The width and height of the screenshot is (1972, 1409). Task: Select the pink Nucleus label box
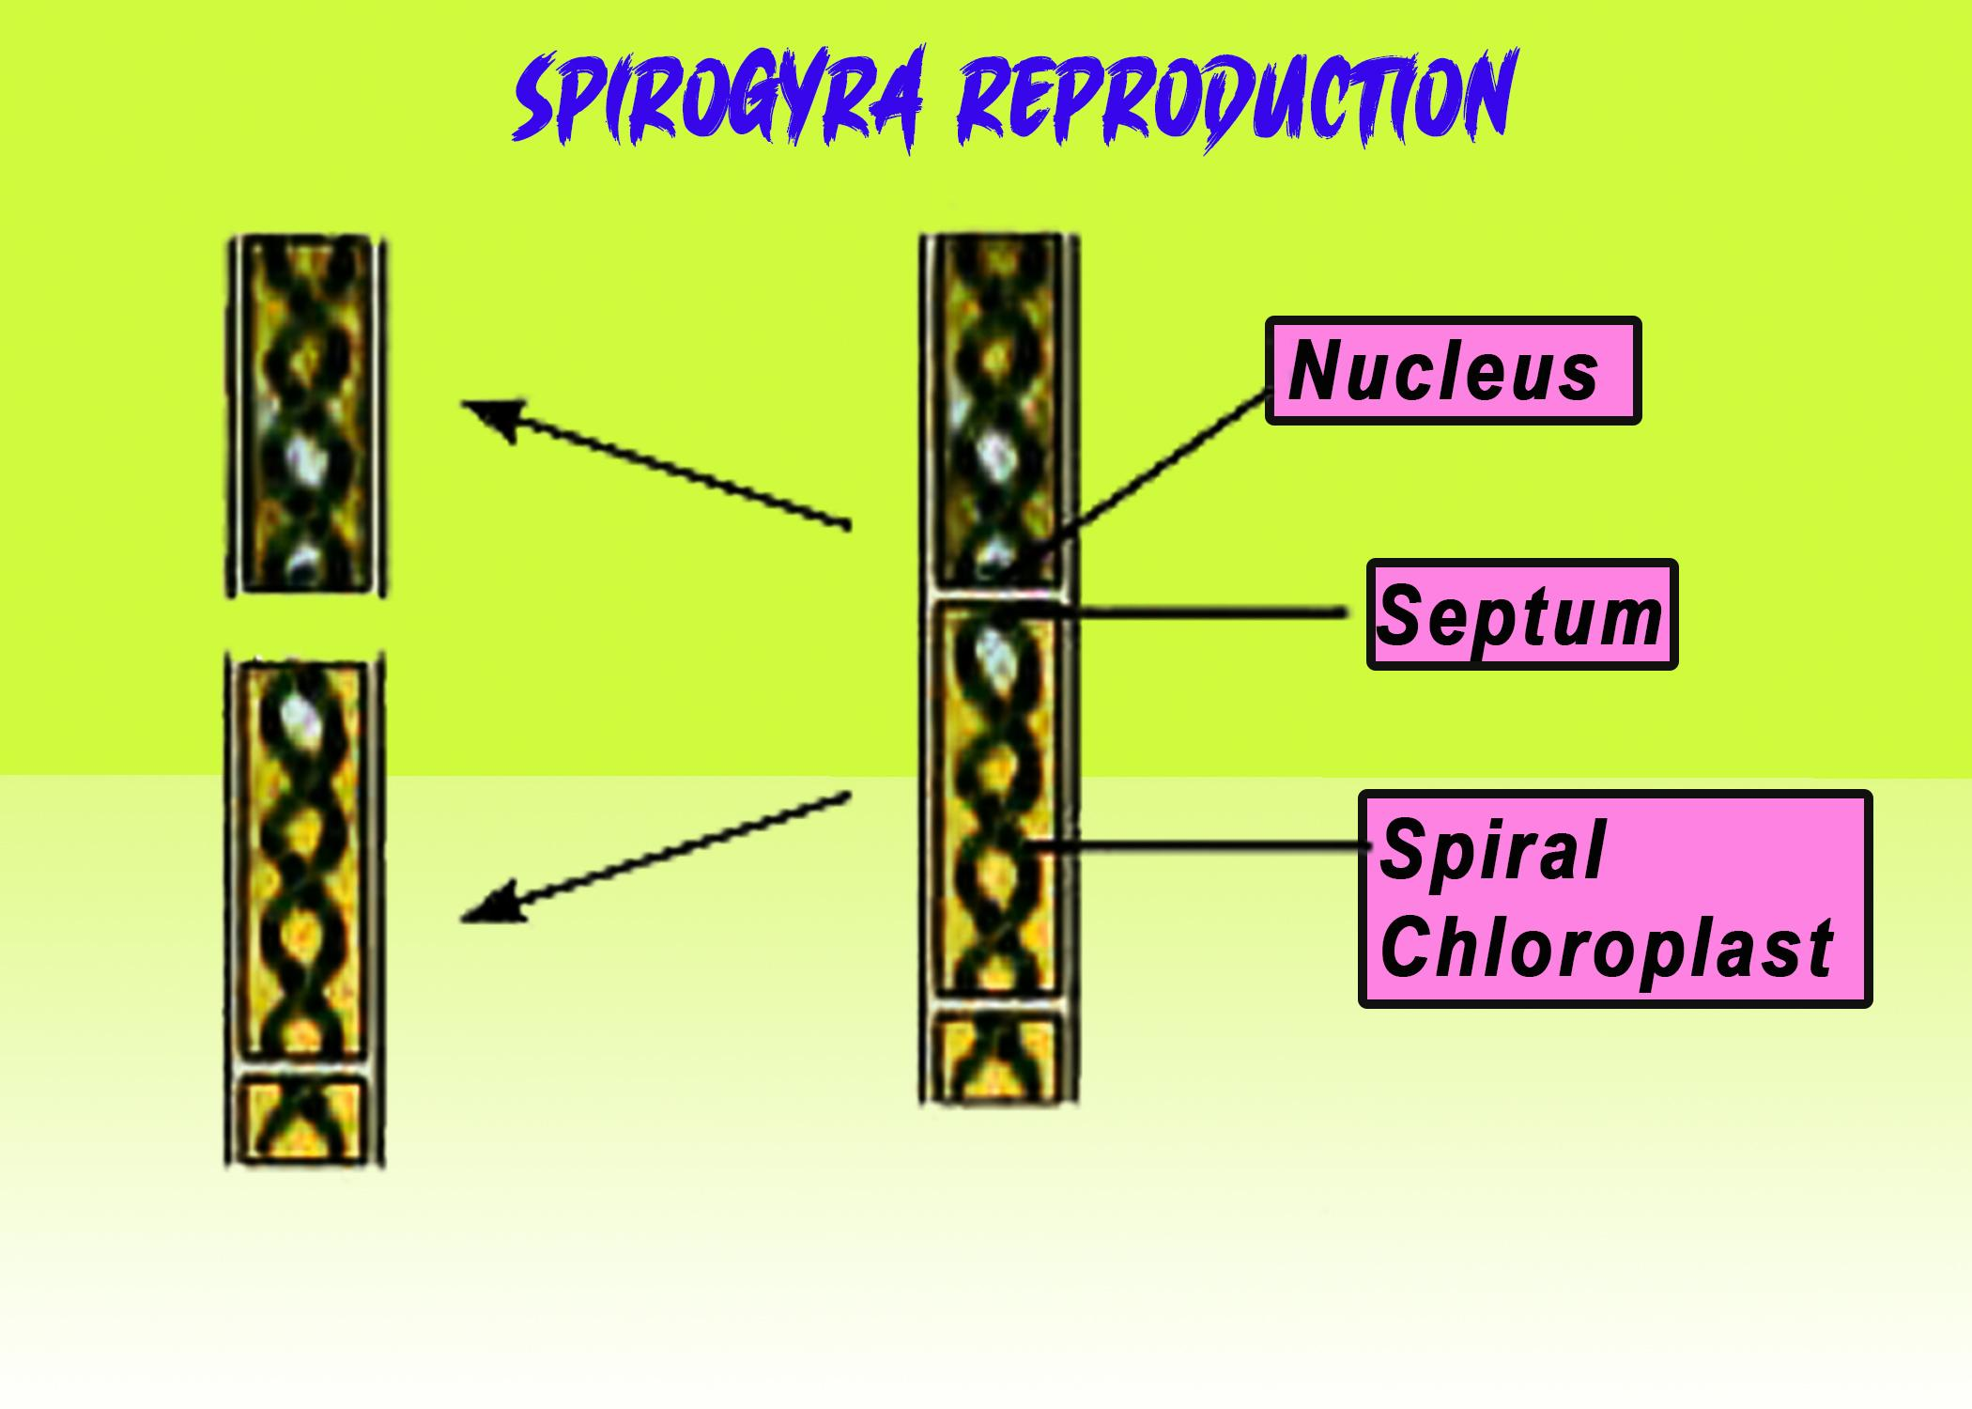[x=1452, y=371]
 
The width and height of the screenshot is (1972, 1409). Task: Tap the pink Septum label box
[x=1521, y=615]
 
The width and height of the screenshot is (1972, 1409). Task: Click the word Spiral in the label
[x=1493, y=850]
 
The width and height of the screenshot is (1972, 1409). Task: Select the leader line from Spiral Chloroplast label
[x=1193, y=847]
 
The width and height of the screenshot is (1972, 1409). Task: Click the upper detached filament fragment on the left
[x=305, y=413]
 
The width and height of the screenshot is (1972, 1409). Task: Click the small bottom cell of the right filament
[x=998, y=1059]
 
